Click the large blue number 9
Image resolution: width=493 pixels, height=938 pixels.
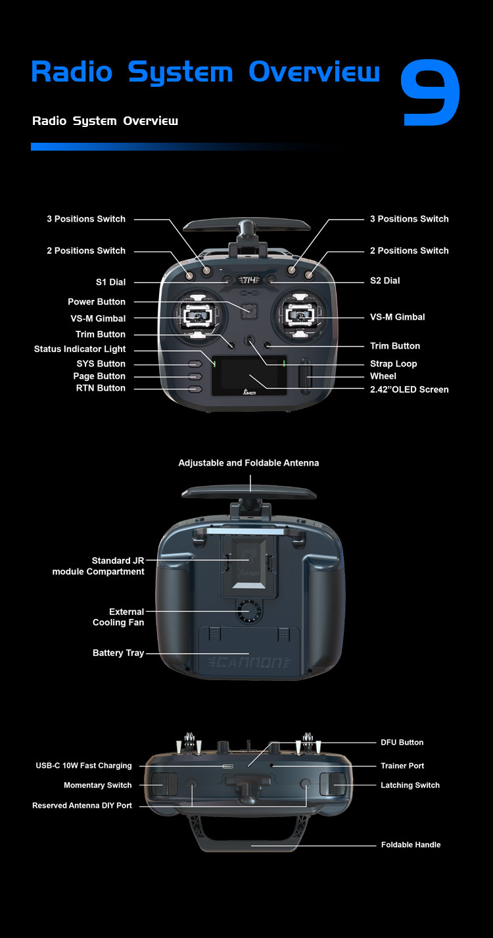430,92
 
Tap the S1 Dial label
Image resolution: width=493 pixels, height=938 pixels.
110,282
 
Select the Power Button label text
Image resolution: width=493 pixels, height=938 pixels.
97,302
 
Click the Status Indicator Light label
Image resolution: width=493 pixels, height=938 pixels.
80,349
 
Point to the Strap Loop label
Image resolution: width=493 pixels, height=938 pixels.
393,364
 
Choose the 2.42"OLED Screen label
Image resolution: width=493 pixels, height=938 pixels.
410,389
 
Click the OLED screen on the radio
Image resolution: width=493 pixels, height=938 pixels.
249,376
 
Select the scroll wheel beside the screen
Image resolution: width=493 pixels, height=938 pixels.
305,376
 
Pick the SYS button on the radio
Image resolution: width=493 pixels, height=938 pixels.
195,364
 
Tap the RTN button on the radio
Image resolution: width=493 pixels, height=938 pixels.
195,389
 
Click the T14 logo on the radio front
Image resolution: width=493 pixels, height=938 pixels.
249,280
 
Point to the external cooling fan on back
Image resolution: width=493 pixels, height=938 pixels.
249,611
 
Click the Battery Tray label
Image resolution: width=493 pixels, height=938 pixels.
118,653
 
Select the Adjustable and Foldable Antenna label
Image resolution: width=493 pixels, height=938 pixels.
248,463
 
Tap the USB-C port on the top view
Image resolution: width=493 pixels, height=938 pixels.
227,766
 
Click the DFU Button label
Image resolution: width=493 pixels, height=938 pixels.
402,743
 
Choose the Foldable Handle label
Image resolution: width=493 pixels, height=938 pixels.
411,845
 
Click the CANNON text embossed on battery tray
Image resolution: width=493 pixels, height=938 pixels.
249,662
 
